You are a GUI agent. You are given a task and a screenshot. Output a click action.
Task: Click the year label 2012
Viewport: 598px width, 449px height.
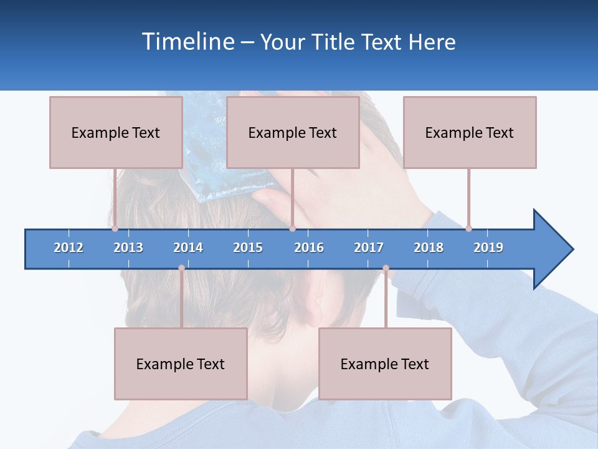pyautogui.click(x=69, y=248)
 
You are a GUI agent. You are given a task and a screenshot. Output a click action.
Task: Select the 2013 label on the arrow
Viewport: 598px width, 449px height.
pyautogui.click(x=128, y=248)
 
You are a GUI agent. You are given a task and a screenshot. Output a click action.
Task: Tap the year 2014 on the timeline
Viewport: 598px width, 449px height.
pyautogui.click(x=188, y=248)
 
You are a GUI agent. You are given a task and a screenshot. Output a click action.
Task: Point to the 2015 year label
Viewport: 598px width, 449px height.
pyautogui.click(x=248, y=248)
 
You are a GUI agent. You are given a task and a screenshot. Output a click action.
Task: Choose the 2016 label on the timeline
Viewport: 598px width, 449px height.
pyautogui.click(x=309, y=248)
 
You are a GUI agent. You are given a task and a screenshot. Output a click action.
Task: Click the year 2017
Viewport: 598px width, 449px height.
pyautogui.click(x=369, y=248)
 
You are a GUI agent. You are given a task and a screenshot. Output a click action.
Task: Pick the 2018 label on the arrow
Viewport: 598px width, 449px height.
pyautogui.click(x=429, y=248)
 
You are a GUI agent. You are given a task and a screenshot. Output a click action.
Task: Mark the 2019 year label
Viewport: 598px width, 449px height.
pyautogui.click(x=488, y=248)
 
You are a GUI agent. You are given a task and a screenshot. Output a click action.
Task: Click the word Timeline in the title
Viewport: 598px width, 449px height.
pyautogui.click(x=188, y=42)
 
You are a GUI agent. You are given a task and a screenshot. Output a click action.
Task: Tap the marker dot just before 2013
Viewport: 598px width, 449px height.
pyautogui.click(x=115, y=229)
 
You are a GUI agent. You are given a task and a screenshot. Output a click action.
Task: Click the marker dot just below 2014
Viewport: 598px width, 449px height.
pyautogui.click(x=181, y=268)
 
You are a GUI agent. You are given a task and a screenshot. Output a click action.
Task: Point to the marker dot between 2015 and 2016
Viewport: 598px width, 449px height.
pyautogui.click(x=292, y=229)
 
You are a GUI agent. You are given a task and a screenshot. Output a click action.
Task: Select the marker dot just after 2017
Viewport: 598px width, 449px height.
pyautogui.click(x=386, y=268)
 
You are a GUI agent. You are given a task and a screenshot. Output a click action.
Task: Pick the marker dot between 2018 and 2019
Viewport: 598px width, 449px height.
pyautogui.click(x=468, y=229)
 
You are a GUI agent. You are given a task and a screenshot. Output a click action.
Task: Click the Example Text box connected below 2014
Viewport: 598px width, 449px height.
pyautogui.click(x=181, y=364)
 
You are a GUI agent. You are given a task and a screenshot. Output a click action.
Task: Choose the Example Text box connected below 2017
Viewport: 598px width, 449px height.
pyautogui.click(x=385, y=364)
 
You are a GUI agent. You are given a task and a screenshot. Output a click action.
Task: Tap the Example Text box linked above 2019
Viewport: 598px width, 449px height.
pyautogui.click(x=470, y=132)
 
